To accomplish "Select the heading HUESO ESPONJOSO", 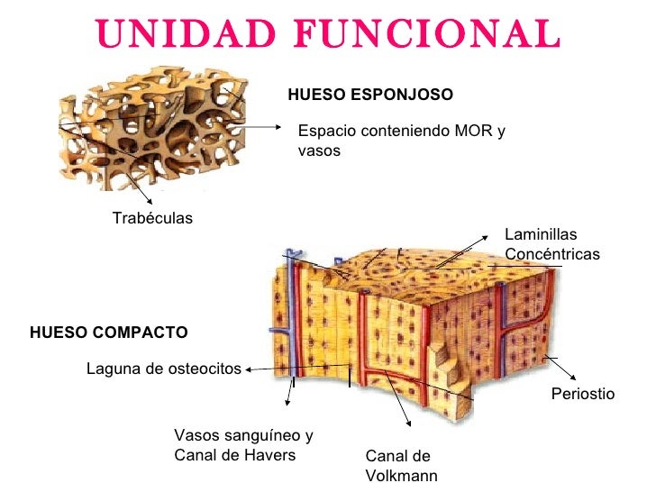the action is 369,95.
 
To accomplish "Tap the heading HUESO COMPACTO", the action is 109,333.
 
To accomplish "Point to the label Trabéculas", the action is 152,218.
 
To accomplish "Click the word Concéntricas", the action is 552,255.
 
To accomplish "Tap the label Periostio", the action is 582,394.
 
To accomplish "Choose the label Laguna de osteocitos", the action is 164,369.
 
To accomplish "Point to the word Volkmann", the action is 402,475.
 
